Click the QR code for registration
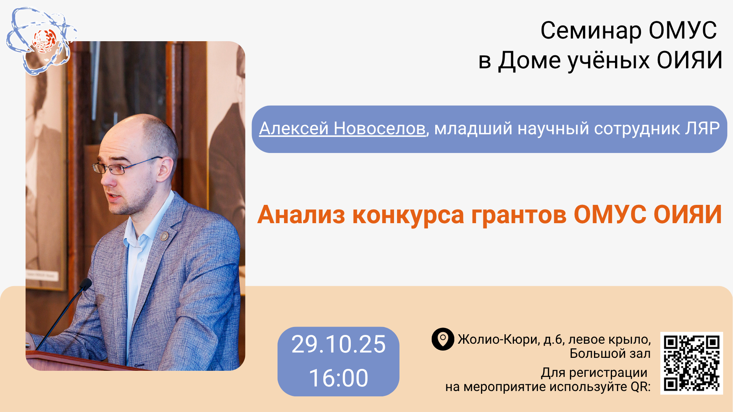tap(691, 363)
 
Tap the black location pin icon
tap(442, 339)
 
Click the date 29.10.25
tap(338, 344)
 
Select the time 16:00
tap(338, 378)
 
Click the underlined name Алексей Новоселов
tap(342, 129)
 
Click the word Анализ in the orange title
tap(301, 215)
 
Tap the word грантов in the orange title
tap(519, 216)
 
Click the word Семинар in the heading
tap(591, 31)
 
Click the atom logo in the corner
tap(41, 41)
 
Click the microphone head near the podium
tap(86, 284)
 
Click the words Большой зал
tap(610, 354)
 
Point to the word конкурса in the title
tap(408, 216)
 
